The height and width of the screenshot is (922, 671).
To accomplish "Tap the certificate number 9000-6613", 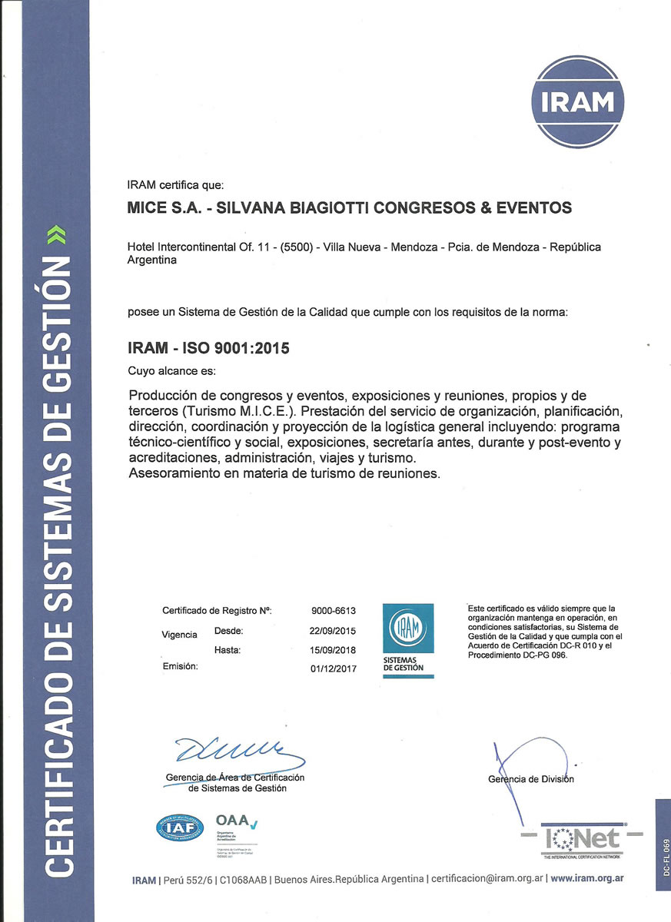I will [x=334, y=611].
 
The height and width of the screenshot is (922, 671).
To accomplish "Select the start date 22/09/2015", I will [x=333, y=631].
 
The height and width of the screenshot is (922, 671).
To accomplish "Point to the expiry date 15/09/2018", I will [x=333, y=650].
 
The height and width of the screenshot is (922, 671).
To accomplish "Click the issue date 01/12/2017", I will [x=333, y=668].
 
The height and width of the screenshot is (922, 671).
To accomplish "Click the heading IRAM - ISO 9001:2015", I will [x=208, y=348].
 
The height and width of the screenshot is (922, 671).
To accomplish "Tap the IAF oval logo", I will [x=179, y=827].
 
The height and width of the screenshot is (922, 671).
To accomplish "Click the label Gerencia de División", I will [x=531, y=779].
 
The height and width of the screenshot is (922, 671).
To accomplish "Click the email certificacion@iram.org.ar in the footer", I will [x=487, y=878].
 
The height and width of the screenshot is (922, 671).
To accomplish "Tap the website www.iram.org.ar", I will [x=588, y=878].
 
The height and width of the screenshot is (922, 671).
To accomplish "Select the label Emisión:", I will [x=180, y=666].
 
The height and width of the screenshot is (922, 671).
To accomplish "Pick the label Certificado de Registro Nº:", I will [x=218, y=611].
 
